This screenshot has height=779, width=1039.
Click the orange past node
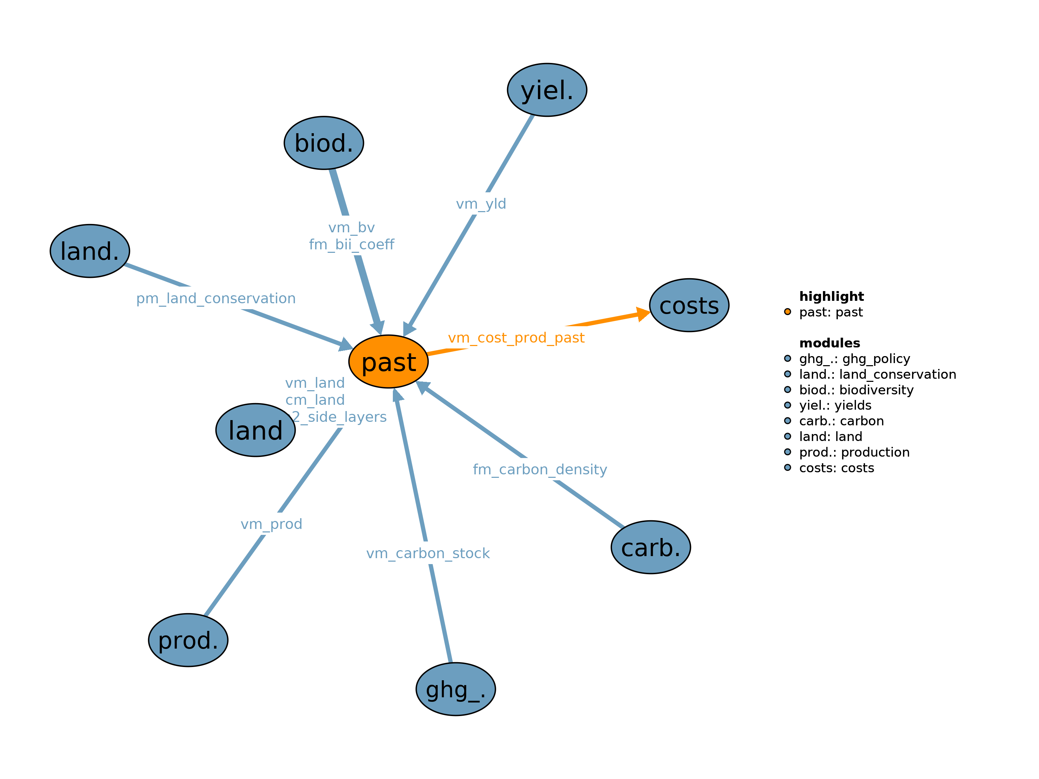[x=388, y=362]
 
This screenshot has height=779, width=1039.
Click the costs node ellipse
[x=689, y=305]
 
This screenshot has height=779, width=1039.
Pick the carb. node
[x=651, y=547]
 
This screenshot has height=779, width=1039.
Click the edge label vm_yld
[x=481, y=204]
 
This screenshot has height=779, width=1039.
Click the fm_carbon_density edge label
[x=540, y=469]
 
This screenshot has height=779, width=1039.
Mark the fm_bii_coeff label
[x=351, y=244]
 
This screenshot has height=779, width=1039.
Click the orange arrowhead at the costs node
[x=643, y=314]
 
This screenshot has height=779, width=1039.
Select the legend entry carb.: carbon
[x=841, y=421]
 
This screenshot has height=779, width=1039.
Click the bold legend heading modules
[x=830, y=343]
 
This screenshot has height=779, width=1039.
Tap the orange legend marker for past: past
[x=788, y=312]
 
